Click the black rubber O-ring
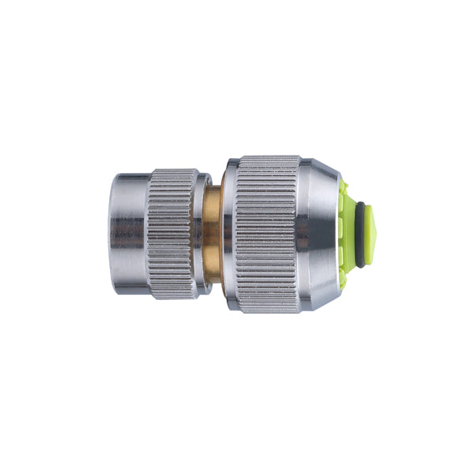360,235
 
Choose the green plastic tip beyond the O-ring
371,235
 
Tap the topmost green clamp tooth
344,190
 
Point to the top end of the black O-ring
360,205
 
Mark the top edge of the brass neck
213,189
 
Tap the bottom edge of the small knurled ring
171,298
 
